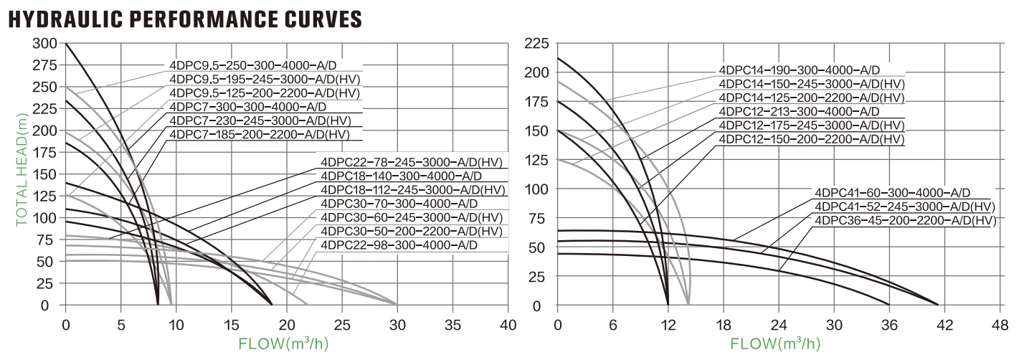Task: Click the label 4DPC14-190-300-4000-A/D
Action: click(800, 70)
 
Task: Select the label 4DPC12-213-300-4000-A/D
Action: click(800, 111)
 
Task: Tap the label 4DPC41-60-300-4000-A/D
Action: click(892, 193)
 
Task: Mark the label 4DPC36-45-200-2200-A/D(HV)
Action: click(905, 220)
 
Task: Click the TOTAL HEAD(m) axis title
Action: click(22, 174)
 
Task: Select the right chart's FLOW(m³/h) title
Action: click(779, 344)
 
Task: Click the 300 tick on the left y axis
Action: click(45, 44)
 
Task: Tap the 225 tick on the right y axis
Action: click(537, 44)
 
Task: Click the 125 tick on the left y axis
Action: click(45, 196)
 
